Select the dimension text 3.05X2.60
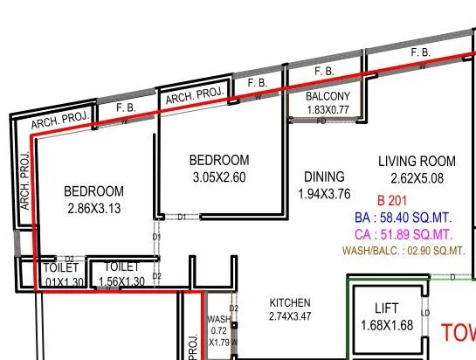(x=219, y=177)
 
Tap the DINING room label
(x=323, y=177)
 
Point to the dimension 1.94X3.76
(x=324, y=194)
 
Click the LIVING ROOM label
(x=417, y=161)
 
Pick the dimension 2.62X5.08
(x=417, y=178)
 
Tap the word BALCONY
(x=328, y=96)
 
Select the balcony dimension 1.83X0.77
(x=328, y=109)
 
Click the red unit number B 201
(x=393, y=198)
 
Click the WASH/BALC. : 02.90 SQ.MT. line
(x=414, y=252)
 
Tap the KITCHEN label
(x=290, y=303)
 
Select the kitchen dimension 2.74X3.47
(x=290, y=315)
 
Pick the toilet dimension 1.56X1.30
(x=121, y=281)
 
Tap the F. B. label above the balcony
(x=324, y=70)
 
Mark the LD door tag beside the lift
(x=425, y=313)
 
